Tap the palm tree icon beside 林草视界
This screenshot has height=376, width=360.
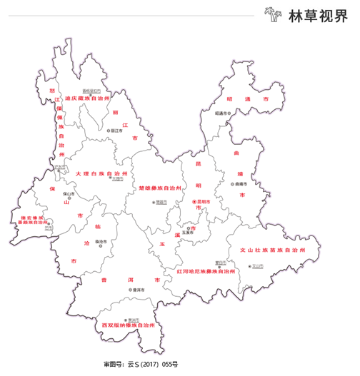(271, 14)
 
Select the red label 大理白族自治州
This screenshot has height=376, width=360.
(101, 173)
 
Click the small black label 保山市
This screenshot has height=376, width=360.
(70, 193)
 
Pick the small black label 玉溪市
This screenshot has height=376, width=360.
(188, 232)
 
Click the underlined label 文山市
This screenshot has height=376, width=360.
(258, 265)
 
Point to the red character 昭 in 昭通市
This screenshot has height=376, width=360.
(229, 99)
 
